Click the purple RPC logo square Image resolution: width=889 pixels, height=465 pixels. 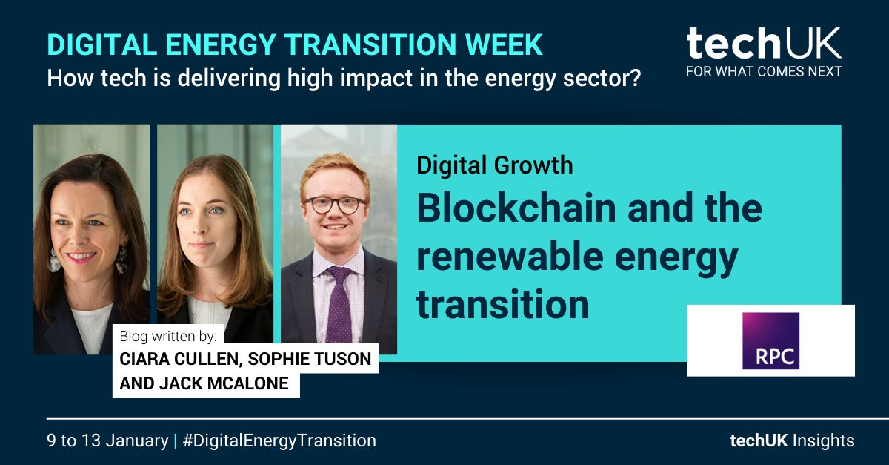(x=770, y=340)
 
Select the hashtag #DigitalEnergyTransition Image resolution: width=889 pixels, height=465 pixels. (x=279, y=441)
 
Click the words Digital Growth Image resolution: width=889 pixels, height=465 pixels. (x=494, y=165)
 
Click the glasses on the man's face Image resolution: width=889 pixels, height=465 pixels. (x=335, y=205)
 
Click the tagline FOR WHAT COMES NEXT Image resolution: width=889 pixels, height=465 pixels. (x=763, y=72)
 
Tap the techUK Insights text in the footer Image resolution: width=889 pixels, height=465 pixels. (x=792, y=441)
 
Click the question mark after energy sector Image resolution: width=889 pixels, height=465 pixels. (x=634, y=78)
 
